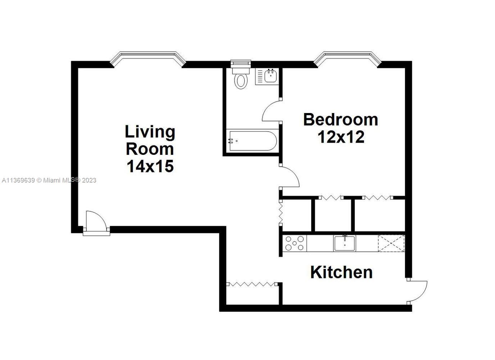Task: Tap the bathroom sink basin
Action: point(271,76)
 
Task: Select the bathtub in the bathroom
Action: point(253,141)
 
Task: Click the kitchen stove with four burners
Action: point(295,243)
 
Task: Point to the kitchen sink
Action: point(345,243)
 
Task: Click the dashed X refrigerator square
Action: point(391,243)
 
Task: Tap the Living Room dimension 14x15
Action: point(150,166)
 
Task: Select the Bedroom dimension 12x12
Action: point(341,137)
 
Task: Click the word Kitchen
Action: point(341,272)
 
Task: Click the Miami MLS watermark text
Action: point(49,180)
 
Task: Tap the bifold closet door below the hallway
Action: point(252,284)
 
